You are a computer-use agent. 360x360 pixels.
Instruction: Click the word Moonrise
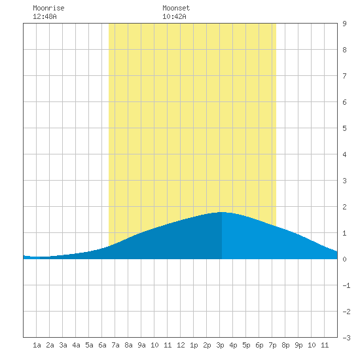(x=48, y=8)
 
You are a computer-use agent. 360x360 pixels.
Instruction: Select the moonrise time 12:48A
(x=45, y=16)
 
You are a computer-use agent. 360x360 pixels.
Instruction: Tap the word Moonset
(x=176, y=8)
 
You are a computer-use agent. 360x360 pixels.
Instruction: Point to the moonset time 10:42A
(x=174, y=16)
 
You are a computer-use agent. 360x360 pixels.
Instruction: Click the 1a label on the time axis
(x=37, y=345)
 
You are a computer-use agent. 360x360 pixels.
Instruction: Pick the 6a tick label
(x=102, y=345)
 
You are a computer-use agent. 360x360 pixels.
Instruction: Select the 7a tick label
(x=115, y=345)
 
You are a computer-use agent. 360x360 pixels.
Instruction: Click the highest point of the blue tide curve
(x=222, y=212)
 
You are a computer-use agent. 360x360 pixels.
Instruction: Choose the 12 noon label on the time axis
(x=181, y=345)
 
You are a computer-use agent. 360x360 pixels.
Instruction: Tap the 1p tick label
(x=194, y=345)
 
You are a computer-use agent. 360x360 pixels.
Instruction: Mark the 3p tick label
(x=220, y=345)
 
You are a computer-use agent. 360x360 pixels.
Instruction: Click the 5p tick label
(x=246, y=345)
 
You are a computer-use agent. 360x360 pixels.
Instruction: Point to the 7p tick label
(x=272, y=345)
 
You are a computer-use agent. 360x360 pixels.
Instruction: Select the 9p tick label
(x=298, y=345)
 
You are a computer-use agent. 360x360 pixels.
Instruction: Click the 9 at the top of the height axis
(x=344, y=24)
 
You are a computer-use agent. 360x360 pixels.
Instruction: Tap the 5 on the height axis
(x=344, y=128)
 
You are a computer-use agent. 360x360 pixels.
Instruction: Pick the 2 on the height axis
(x=344, y=207)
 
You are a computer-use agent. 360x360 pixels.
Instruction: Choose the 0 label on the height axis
(x=344, y=259)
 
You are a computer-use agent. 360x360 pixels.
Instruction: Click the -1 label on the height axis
(x=346, y=285)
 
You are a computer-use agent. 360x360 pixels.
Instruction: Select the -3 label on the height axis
(x=346, y=338)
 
